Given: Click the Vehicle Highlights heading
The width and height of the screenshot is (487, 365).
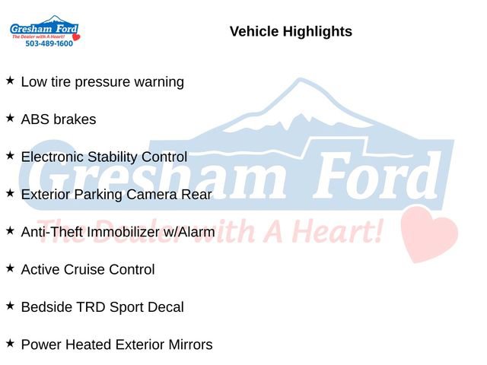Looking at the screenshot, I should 291,32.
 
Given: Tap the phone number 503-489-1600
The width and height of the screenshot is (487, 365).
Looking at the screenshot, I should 49,44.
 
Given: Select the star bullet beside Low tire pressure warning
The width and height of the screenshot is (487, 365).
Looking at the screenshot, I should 10,80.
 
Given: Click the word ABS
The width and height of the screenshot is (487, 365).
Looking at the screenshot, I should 35,119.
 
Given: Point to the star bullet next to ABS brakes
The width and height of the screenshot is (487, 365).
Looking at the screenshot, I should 10,118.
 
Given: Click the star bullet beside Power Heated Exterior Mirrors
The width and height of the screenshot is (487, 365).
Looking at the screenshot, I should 10,343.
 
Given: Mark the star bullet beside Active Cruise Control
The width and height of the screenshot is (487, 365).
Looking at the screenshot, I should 10,268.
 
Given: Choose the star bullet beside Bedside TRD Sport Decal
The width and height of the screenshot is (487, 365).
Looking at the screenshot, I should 10,305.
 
